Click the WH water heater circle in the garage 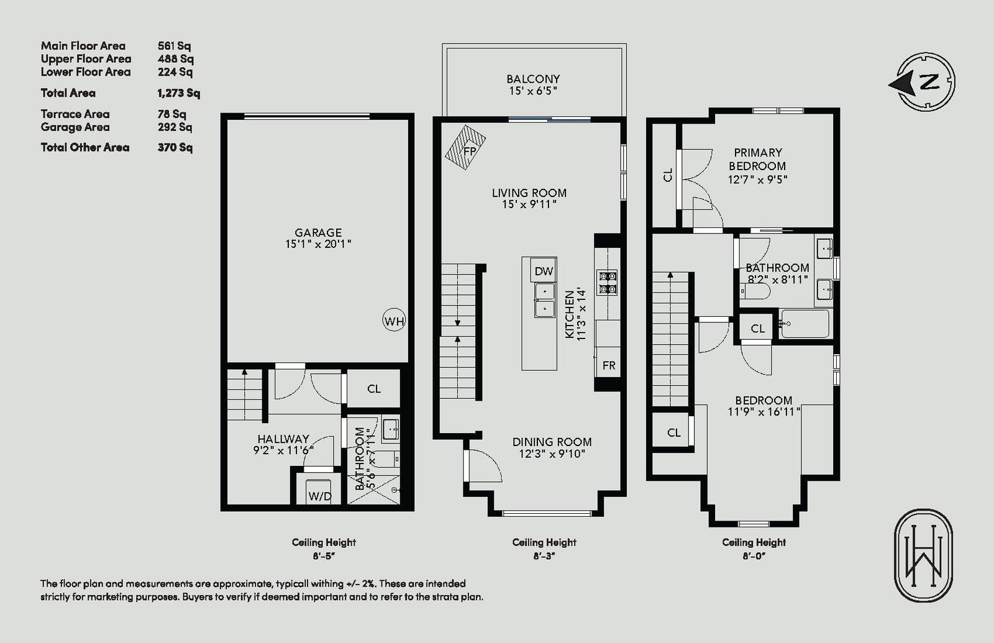click(394, 321)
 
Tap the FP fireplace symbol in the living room click(465, 148)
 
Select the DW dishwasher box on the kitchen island click(544, 270)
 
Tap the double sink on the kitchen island click(544, 301)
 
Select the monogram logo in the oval click(923, 555)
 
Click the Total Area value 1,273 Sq click(179, 93)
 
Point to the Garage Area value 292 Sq click(175, 127)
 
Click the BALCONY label click(533, 79)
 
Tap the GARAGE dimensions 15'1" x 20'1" click(318, 244)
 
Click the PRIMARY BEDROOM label click(757, 159)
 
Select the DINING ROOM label click(552, 442)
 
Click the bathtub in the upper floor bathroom click(804, 324)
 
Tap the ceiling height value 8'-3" click(544, 556)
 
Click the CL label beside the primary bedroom click(668, 175)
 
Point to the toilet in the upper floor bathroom click(755, 291)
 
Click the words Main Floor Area click(83, 46)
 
